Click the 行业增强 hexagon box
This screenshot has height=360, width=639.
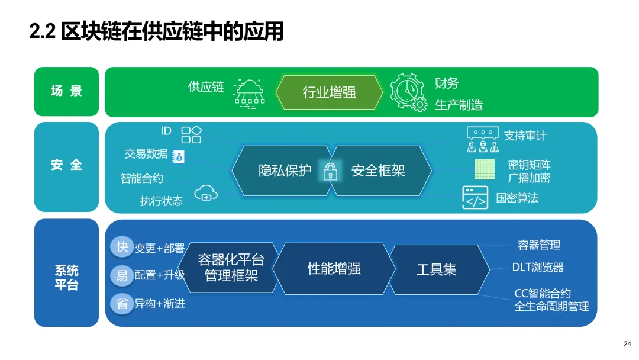[329, 92]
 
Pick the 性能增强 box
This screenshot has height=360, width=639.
[334, 268]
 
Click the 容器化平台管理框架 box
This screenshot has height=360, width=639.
[231, 268]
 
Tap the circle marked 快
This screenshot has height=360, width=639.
[122, 246]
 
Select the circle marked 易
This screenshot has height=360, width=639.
[122, 275]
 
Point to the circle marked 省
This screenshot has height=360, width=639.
[122, 303]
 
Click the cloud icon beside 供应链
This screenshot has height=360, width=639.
[249, 92]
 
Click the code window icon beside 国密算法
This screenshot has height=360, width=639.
[475, 198]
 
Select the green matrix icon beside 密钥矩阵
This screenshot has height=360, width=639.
[485, 169]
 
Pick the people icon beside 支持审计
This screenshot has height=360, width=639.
[483, 140]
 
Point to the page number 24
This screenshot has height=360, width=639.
[627, 344]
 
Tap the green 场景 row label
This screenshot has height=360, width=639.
[66, 91]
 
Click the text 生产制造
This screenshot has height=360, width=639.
[459, 105]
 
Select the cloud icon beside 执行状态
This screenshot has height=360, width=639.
[205, 192]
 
